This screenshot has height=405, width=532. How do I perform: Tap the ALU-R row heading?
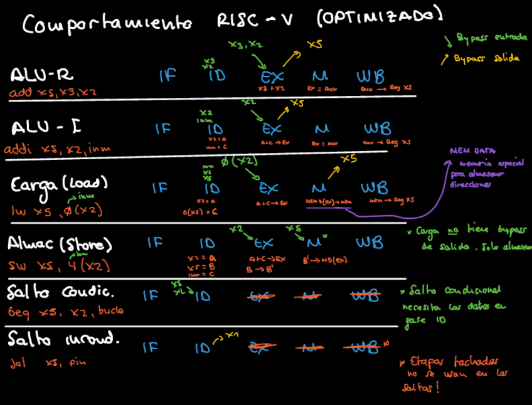pos(42,75)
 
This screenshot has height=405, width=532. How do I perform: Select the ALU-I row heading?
pos(43,128)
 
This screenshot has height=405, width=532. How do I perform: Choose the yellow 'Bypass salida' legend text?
pos(482,58)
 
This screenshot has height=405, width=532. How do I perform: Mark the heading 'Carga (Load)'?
pos(60,184)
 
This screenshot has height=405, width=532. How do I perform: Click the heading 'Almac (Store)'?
pos(60,243)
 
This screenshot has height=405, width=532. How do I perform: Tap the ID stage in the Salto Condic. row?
pos(202,297)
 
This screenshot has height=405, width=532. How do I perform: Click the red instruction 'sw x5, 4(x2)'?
pos(59,266)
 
